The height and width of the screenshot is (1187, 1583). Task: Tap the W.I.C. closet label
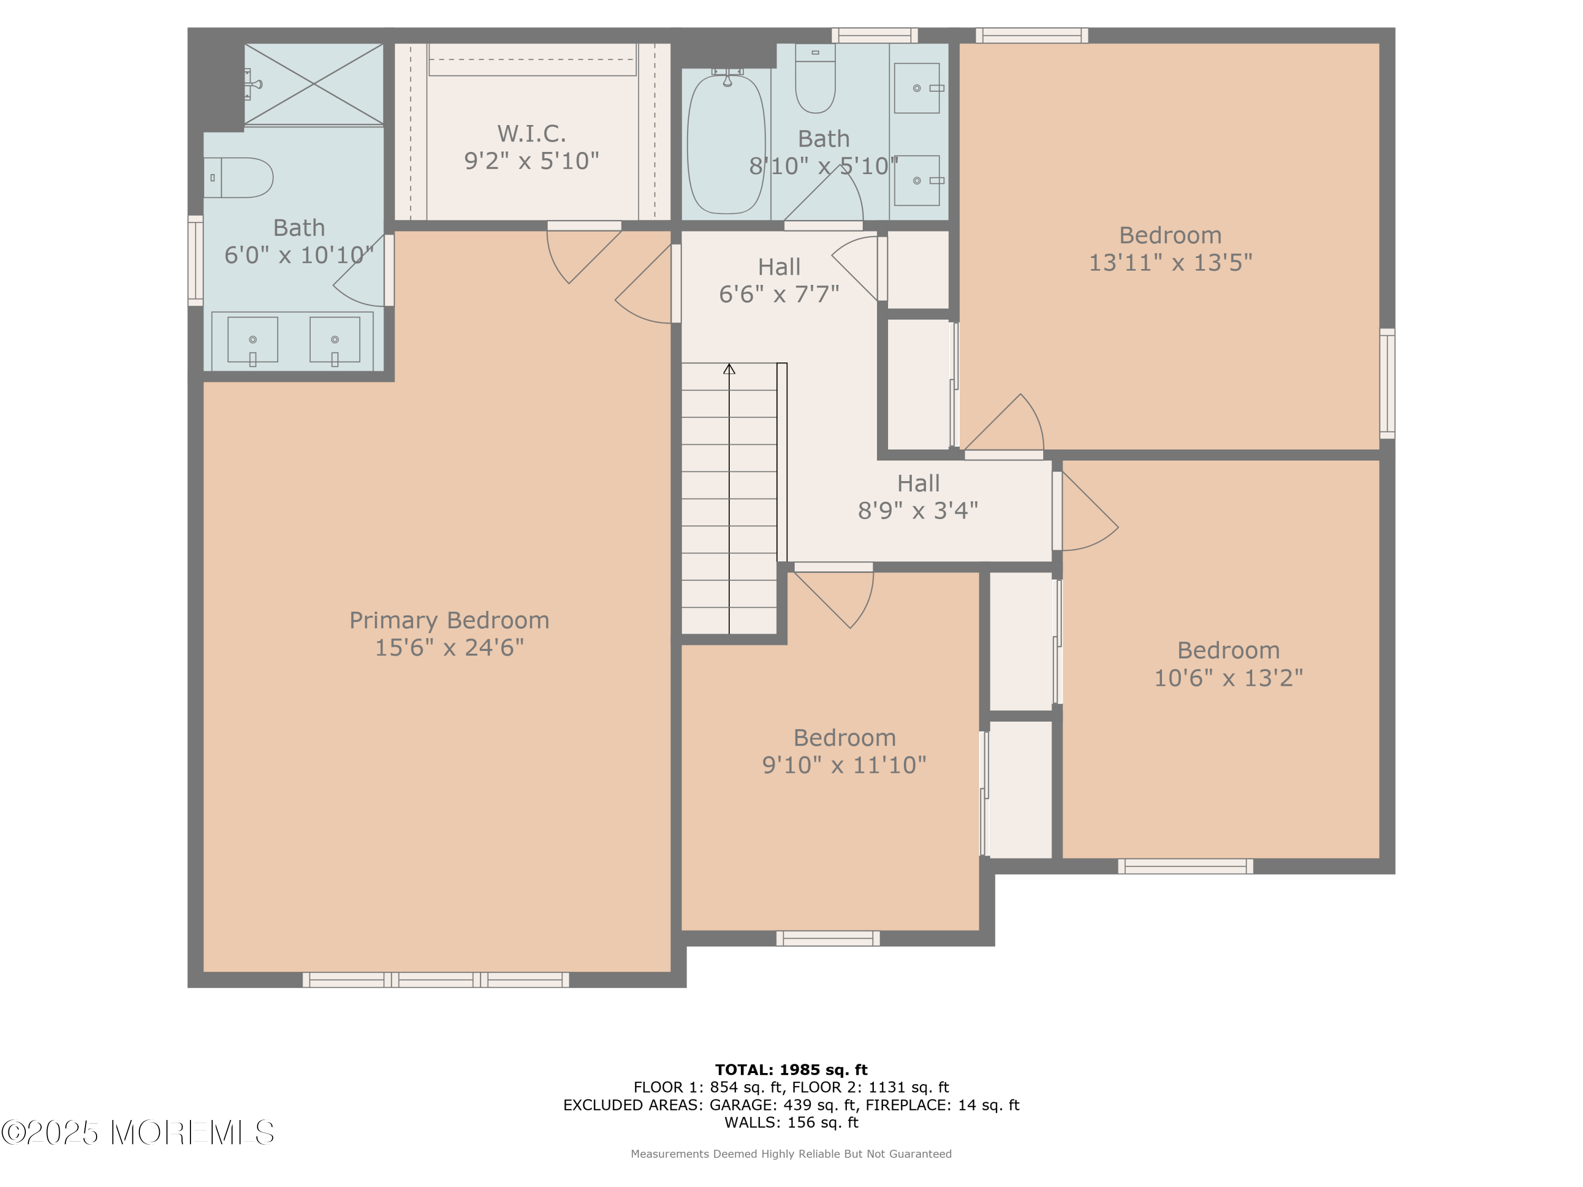coord(532,134)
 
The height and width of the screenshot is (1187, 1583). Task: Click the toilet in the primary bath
coord(239,177)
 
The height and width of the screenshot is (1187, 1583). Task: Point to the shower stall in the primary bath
coord(313,84)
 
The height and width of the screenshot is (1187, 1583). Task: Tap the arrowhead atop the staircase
coord(729,369)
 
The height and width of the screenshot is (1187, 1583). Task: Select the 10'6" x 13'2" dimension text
coord(1228,677)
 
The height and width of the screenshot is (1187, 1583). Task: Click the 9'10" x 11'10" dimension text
coord(844,765)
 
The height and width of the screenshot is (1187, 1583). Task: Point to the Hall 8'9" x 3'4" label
coord(918,496)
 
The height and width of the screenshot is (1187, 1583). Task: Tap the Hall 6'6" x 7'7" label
coord(779,280)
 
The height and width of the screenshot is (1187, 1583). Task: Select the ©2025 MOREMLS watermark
coord(137,1133)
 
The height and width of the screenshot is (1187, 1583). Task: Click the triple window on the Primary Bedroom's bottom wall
coord(436,980)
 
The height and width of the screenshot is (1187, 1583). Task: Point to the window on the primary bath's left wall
coord(195,261)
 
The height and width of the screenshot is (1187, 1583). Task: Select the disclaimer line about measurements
coord(791,1153)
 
